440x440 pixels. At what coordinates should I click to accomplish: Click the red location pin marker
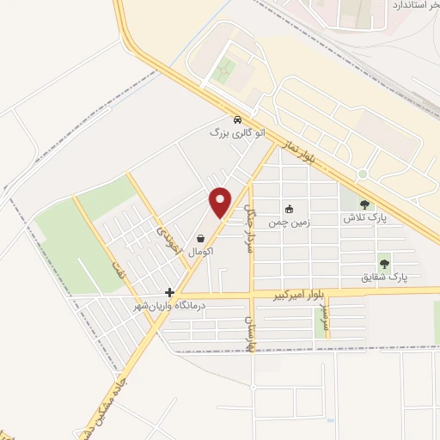coord(221,200)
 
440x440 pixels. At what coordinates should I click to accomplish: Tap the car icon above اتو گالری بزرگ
coord(237,119)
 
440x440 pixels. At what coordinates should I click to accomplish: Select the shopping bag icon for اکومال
coord(200,239)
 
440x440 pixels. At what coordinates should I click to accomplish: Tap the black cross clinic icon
coord(170,292)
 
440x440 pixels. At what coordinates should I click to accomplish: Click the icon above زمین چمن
coord(289,208)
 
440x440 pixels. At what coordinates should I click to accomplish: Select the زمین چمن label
coord(289,222)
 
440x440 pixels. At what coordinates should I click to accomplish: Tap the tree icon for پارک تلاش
coord(365,205)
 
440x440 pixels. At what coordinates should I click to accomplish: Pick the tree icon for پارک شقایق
coord(384,264)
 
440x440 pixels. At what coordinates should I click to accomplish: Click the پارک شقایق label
coord(385,278)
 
